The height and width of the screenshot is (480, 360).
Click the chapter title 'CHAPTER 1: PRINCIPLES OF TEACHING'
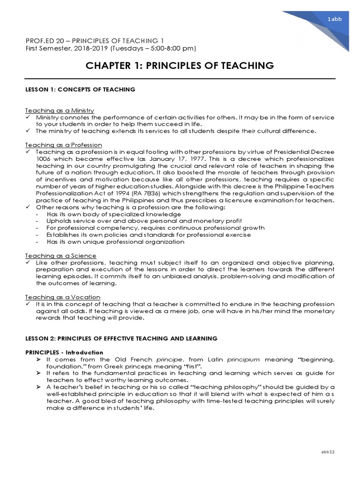180,66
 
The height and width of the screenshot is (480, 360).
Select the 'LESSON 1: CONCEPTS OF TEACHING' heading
80,89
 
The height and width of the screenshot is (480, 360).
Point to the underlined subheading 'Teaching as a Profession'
63,145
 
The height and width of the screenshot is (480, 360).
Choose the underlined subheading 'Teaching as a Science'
60,255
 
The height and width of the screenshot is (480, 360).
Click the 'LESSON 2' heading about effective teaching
121,338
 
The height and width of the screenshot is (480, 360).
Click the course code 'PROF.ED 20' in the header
45,41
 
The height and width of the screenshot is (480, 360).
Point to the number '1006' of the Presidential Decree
44,159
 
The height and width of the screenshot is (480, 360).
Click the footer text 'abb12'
327,451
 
